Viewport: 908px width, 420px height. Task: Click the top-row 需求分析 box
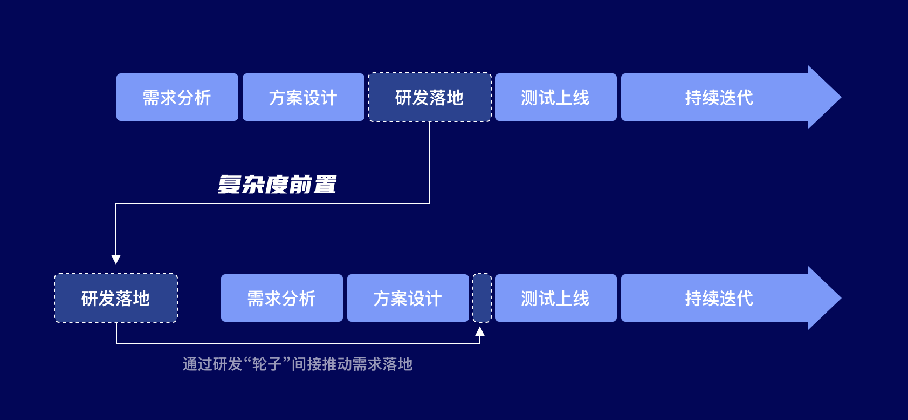pyautogui.click(x=177, y=97)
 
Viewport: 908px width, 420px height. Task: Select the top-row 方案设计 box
pyautogui.click(x=304, y=97)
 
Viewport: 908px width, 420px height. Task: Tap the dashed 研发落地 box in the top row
pyautogui.click(x=430, y=97)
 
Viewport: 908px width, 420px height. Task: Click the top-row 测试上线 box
pyautogui.click(x=556, y=97)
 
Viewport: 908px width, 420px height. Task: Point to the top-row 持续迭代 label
pyautogui.click(x=719, y=98)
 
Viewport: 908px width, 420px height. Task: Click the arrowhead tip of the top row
pyautogui.click(x=841, y=97)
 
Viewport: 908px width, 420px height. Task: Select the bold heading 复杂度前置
pyautogui.click(x=278, y=185)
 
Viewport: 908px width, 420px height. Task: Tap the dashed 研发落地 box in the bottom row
pyautogui.click(x=116, y=298)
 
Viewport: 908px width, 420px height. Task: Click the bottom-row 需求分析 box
pyautogui.click(x=281, y=298)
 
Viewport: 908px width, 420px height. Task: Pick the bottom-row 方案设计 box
pyautogui.click(x=408, y=298)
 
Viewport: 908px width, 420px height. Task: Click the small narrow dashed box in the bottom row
pyautogui.click(x=482, y=298)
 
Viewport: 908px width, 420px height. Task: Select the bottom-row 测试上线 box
pyautogui.click(x=556, y=298)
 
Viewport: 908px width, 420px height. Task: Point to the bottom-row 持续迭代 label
pyautogui.click(x=719, y=299)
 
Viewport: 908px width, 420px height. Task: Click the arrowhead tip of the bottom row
pyautogui.click(x=841, y=298)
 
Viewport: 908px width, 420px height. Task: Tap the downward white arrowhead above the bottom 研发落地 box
pyautogui.click(x=116, y=260)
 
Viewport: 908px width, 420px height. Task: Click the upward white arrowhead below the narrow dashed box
pyautogui.click(x=480, y=331)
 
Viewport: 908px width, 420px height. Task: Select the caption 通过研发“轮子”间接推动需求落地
pyautogui.click(x=298, y=364)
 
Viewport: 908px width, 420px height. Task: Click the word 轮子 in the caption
pyautogui.click(x=267, y=364)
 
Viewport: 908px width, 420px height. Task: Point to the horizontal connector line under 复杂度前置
pyautogui.click(x=273, y=204)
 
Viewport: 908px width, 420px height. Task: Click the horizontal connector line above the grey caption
pyautogui.click(x=298, y=343)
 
